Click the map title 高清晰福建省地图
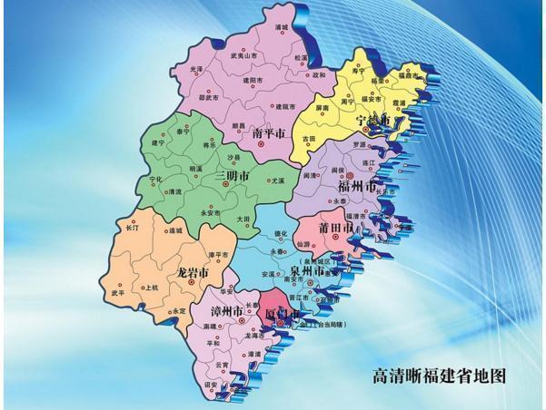(439, 374)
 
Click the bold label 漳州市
(224, 310)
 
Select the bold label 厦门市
(282, 313)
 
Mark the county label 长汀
(132, 228)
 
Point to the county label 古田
(310, 139)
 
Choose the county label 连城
(174, 231)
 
